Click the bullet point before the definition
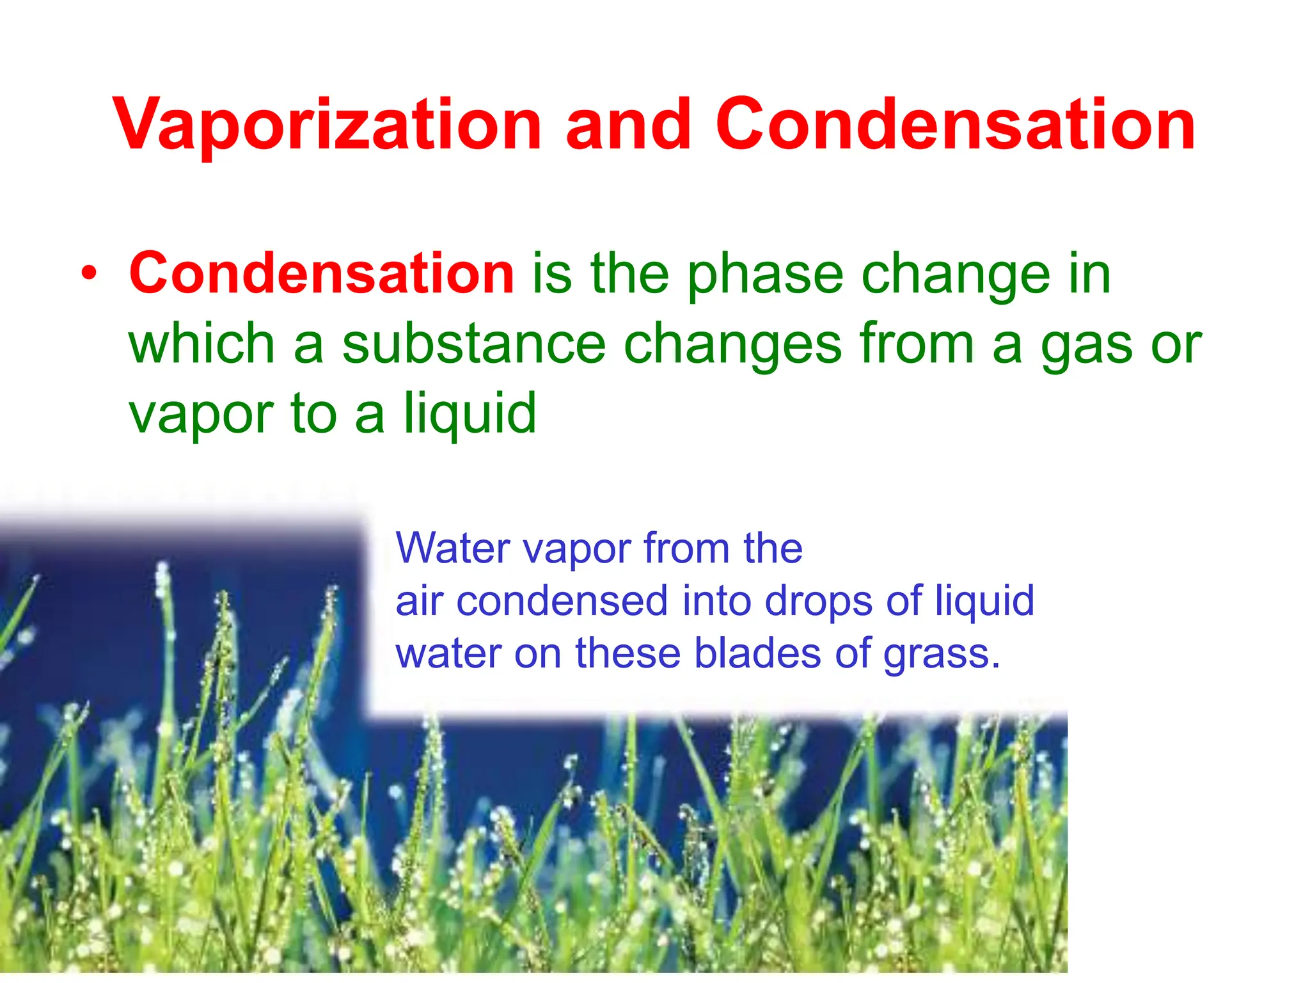[90, 275]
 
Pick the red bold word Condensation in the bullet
[322, 274]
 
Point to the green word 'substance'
[473, 344]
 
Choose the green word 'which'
[201, 344]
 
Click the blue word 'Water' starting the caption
[452, 548]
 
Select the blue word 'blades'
[757, 653]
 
